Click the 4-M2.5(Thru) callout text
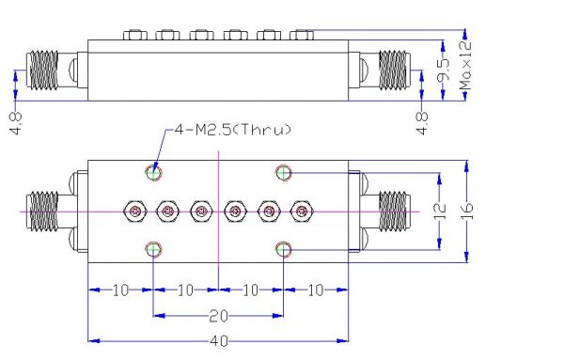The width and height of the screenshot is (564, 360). point(232,129)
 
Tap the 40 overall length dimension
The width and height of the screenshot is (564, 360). point(219,340)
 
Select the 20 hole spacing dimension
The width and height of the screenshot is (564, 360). point(218,316)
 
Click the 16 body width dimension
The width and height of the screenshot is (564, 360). point(467,211)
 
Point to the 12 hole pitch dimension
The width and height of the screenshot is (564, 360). point(440,211)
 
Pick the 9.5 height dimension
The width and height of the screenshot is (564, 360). point(443,70)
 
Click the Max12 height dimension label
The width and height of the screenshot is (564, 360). point(465,65)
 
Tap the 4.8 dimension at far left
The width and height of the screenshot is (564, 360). point(16,123)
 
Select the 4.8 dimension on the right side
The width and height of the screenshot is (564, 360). point(422,123)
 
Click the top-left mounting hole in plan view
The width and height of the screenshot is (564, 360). point(153,173)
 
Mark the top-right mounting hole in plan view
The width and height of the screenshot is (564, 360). point(284,173)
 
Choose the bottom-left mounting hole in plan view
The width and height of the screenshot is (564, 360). point(153,249)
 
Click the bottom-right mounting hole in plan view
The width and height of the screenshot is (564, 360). point(284,249)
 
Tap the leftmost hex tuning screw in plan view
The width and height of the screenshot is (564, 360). point(135,211)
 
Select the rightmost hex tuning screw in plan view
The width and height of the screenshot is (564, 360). point(302,211)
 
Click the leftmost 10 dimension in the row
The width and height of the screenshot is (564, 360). point(120,290)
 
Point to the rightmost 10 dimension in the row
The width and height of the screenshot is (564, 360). point(316,290)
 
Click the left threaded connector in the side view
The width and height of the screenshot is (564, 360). point(42,70)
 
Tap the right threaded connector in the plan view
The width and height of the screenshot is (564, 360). point(394,211)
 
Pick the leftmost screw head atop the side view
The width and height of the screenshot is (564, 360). point(135,35)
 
